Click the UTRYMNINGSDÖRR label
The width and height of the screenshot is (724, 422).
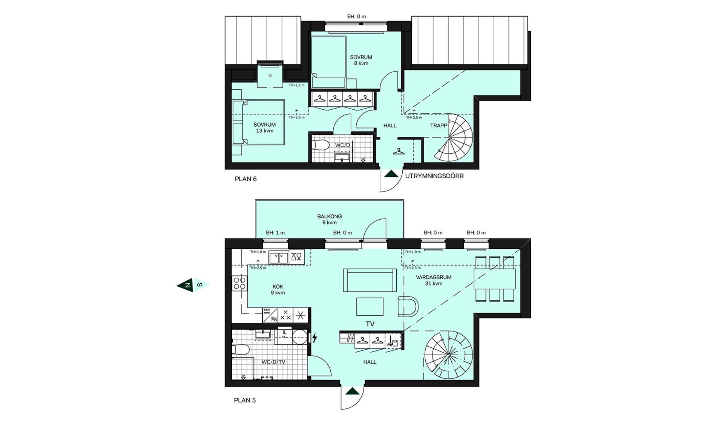click(x=434, y=176)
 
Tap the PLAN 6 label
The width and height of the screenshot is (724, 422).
click(x=245, y=179)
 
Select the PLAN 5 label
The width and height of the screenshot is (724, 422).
click(x=245, y=400)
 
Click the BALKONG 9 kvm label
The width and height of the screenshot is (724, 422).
click(x=330, y=219)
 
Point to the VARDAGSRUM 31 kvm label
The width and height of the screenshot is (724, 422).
click(x=434, y=280)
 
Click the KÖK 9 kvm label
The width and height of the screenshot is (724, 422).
click(x=278, y=289)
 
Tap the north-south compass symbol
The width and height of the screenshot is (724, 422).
click(x=193, y=285)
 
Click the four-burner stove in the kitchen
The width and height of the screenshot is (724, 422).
click(x=239, y=283)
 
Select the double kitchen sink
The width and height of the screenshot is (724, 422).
click(x=279, y=258)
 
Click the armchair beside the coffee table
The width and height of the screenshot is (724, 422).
click(x=408, y=306)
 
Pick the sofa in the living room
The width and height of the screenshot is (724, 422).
click(x=370, y=280)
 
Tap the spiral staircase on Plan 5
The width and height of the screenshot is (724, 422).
click(x=448, y=355)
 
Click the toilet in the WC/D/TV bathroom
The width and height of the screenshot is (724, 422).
click(x=241, y=350)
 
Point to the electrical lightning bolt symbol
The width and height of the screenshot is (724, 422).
click(x=314, y=338)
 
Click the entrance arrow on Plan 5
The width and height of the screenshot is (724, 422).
click(x=353, y=391)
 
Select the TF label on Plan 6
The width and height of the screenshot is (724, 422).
click(x=270, y=76)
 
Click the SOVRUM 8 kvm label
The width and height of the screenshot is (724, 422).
click(x=361, y=60)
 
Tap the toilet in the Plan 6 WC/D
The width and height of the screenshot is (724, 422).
click(x=321, y=145)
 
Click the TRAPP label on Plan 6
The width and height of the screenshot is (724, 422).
click(x=439, y=125)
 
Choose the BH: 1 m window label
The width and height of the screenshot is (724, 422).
click(x=275, y=233)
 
